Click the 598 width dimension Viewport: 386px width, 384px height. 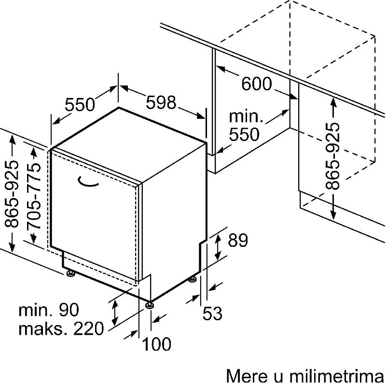(x=161, y=102)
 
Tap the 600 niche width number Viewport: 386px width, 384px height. (x=257, y=84)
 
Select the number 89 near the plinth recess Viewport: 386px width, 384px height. (x=238, y=241)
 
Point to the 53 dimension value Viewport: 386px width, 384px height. (x=212, y=313)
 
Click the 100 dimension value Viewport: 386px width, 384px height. (x=156, y=344)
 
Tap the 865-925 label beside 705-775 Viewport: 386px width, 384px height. (x=12, y=194)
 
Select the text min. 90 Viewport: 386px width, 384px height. (x=49, y=310)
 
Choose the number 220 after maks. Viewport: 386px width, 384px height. (x=89, y=328)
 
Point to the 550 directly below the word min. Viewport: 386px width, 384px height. (x=244, y=134)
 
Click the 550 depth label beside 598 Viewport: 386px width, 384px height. (x=80, y=104)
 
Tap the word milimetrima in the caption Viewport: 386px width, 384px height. (x=337, y=376)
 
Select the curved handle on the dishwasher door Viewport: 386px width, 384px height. (x=88, y=182)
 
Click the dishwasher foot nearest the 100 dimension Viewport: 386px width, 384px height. (x=150, y=305)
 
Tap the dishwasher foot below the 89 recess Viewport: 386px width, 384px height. (x=192, y=280)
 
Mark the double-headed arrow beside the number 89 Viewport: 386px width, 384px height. (x=218, y=247)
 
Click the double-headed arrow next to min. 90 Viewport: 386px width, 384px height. (x=114, y=313)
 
